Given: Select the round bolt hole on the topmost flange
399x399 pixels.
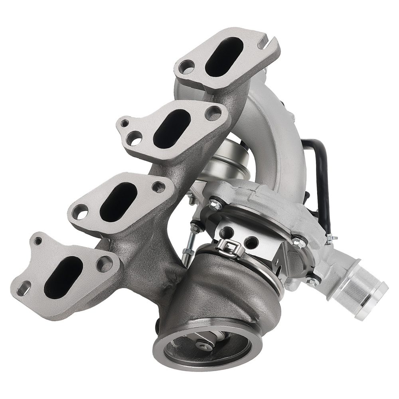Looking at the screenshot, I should [x=187, y=67].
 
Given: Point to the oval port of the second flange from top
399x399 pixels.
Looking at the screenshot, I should [x=172, y=128].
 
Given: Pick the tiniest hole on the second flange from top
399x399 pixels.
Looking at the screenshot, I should [x=125, y=124].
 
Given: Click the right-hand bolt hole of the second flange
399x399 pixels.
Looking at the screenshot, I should [x=213, y=113].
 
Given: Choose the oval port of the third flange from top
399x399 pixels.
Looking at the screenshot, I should [x=119, y=202].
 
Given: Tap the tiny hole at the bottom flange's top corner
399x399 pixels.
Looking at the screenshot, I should [x=38, y=241].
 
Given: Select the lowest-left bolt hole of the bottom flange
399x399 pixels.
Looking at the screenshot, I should [x=24, y=288].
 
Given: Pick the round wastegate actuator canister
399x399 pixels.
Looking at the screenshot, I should [x=223, y=162].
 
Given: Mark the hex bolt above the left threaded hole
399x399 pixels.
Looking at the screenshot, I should [x=215, y=205].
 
